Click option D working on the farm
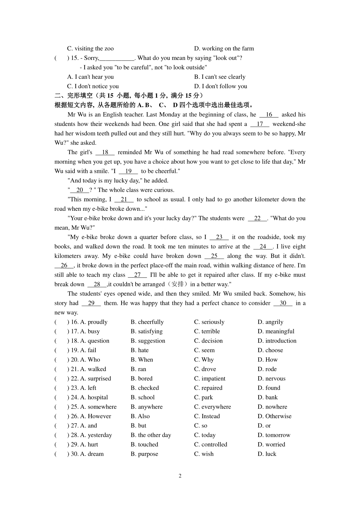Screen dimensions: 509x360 (x=224, y=49)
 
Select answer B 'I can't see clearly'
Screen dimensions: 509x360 (x=220, y=77)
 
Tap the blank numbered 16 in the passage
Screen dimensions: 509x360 (x=269, y=115)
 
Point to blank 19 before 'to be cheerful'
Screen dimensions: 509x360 (x=128, y=171)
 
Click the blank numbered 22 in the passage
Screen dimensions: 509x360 (x=257, y=219)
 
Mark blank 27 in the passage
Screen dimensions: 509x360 (x=137, y=275)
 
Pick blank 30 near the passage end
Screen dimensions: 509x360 (x=283, y=303)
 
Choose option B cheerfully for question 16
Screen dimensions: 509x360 (x=147, y=322)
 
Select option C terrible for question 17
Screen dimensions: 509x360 (x=207, y=332)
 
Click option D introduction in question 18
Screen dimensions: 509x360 (x=277, y=341)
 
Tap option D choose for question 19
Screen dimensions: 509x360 (x=270, y=350)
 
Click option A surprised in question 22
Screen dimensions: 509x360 (x=95, y=379)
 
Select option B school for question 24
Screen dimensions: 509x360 (x=143, y=397)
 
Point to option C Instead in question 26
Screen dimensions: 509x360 (x=207, y=416)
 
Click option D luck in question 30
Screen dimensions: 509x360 (x=267, y=454)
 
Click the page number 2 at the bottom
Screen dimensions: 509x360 (x=180, y=476)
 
